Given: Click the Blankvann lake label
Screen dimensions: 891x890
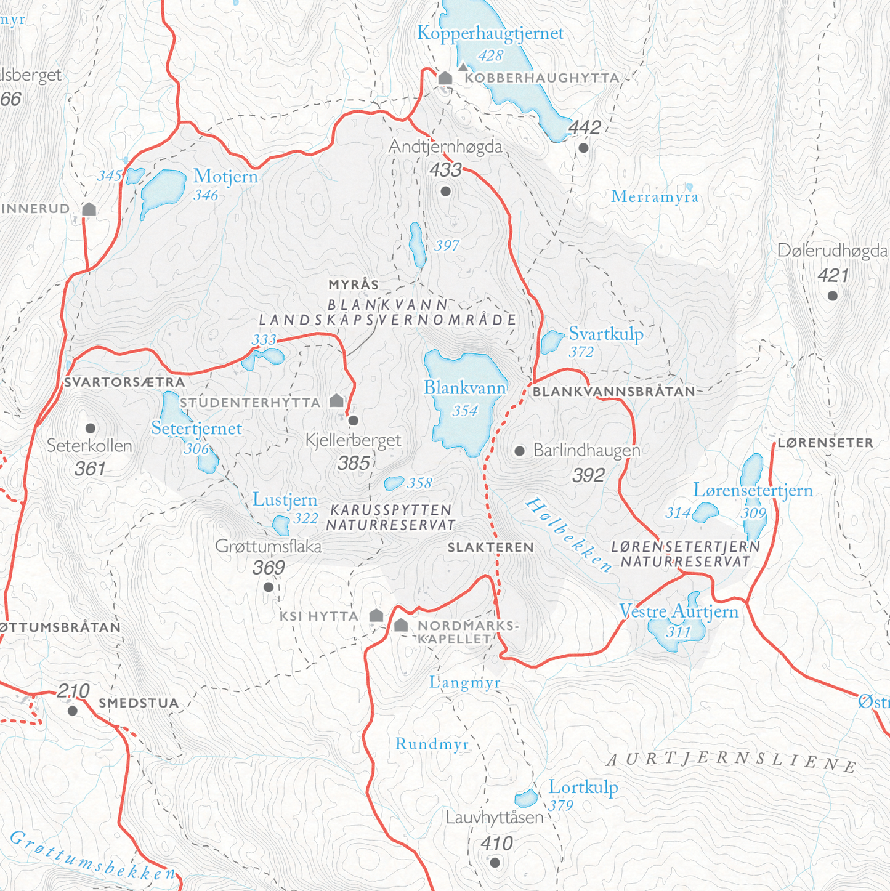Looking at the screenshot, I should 464,388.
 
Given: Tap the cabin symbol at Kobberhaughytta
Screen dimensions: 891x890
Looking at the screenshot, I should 445,78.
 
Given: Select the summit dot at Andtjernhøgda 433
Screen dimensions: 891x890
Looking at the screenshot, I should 446,192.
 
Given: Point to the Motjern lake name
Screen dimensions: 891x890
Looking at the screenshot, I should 225,177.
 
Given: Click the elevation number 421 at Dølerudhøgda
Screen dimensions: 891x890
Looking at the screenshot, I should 833,276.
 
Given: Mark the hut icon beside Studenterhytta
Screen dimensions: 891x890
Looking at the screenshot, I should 336,401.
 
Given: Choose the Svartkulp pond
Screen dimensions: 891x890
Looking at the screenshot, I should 551,342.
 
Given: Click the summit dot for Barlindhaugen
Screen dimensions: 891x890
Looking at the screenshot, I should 519,451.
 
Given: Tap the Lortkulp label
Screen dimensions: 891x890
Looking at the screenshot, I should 583,788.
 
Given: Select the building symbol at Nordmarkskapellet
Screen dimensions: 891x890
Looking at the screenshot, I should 401,626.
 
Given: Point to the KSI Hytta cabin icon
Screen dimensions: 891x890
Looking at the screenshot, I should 376,616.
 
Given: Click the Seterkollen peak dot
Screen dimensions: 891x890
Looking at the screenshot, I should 91,428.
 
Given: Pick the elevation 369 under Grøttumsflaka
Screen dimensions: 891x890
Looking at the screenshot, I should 269,568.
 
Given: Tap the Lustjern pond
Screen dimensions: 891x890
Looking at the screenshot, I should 281,525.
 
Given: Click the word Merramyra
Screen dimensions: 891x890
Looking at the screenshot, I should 655,197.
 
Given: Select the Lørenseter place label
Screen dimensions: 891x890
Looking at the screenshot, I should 825,443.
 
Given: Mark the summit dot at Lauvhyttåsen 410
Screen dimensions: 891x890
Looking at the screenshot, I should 495,863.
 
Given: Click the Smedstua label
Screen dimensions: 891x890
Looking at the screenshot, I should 139,703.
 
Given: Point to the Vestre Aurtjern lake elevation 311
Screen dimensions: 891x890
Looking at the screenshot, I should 678,632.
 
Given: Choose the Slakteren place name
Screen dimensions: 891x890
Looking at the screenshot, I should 490,547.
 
